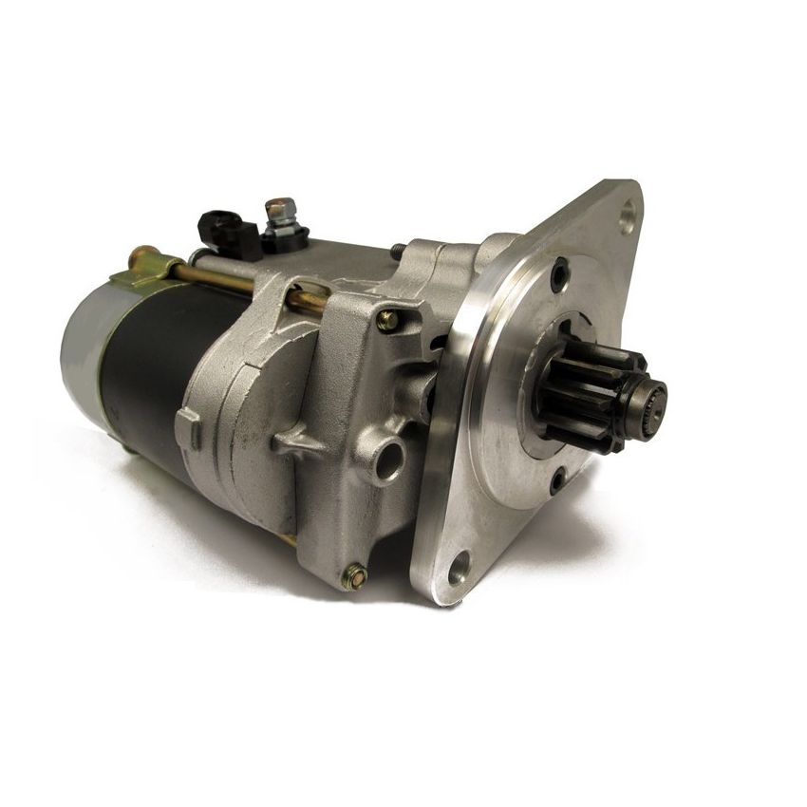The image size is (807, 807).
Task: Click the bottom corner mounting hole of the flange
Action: pos(459,568)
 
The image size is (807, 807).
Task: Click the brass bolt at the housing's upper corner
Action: pos(387,321)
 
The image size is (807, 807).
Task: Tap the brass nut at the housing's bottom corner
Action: pos(354,576)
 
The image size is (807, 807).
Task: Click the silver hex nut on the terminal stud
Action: pos(279,211)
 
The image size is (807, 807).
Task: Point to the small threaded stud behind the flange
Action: pos(395,252)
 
